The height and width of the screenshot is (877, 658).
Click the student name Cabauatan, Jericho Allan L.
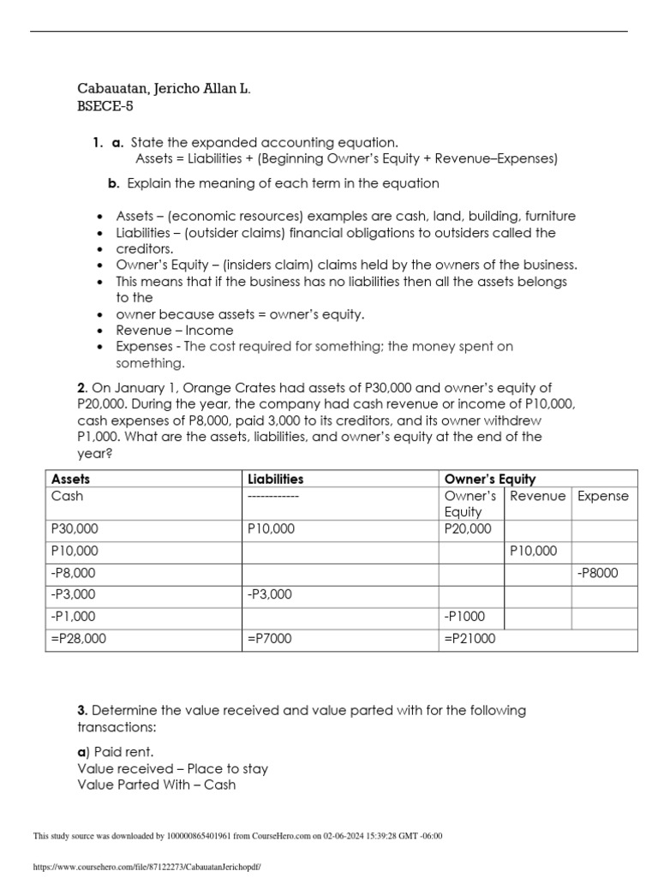(164, 89)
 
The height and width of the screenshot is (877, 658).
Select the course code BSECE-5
(105, 107)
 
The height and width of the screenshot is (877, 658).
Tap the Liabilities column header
(275, 479)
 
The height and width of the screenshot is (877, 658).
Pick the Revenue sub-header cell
(537, 496)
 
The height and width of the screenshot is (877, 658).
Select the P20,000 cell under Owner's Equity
(468, 529)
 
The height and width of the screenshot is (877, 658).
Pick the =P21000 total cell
(469, 638)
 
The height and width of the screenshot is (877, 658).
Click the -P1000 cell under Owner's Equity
(464, 616)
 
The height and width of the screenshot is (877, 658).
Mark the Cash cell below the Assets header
(68, 496)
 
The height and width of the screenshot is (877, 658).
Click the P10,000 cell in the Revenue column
(533, 551)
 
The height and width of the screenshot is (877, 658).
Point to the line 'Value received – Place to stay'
(172, 768)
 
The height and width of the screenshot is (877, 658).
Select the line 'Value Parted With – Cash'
(156, 784)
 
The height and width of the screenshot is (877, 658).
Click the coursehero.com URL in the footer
(146, 867)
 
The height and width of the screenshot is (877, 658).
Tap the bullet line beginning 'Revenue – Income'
(174, 330)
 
